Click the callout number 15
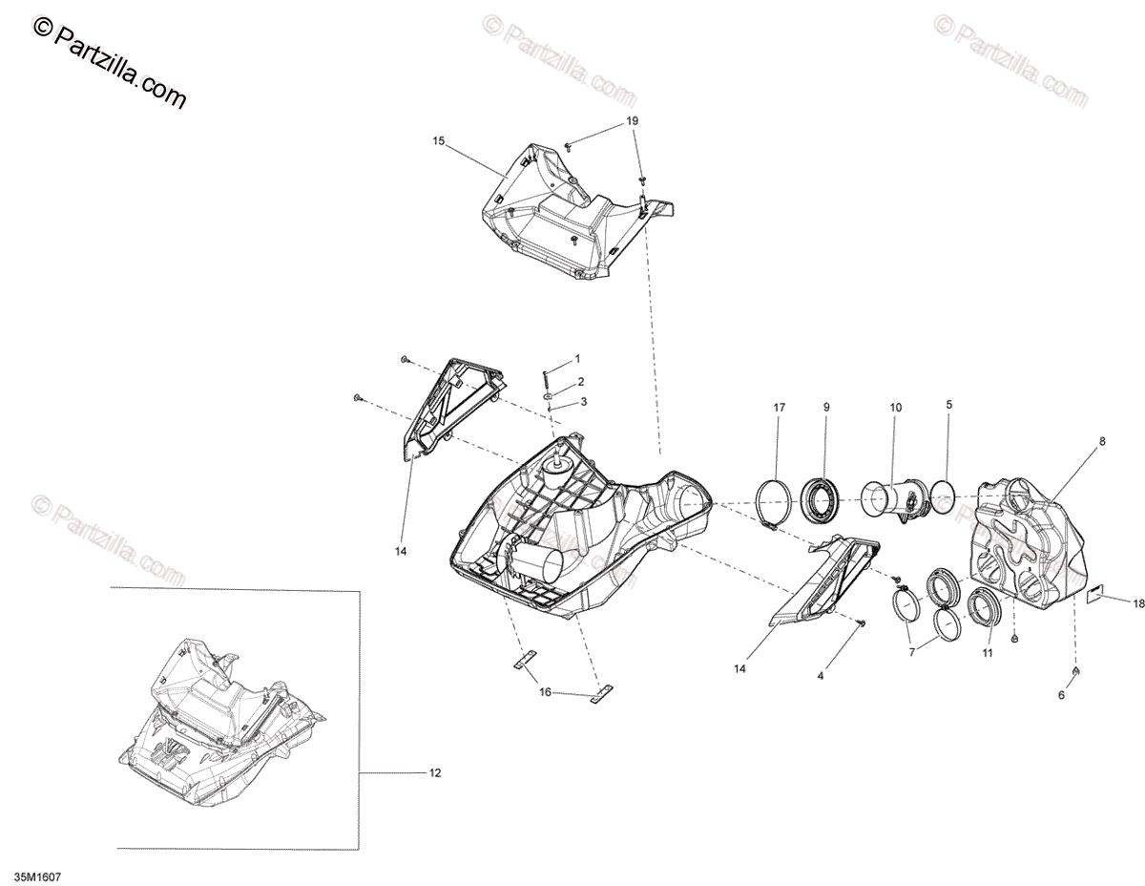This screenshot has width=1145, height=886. click(438, 141)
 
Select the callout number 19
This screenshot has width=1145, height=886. click(633, 121)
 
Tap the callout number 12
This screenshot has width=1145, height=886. click(435, 773)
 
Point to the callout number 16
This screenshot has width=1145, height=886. click(545, 692)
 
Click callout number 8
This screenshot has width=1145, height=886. click(1102, 441)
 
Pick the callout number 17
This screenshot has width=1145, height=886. click(779, 408)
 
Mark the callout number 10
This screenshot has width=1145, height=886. click(896, 408)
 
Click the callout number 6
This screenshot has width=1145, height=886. click(1061, 695)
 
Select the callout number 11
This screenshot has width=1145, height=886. click(988, 653)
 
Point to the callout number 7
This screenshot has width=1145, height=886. click(912, 651)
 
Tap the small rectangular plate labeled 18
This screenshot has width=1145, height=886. click(1098, 597)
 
